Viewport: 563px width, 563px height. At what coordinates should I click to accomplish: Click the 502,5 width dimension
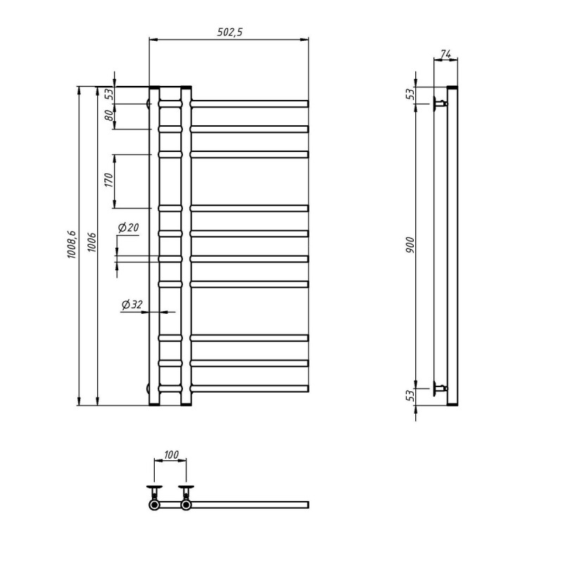[230, 32]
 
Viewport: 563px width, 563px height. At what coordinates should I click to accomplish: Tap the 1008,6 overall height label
[71, 244]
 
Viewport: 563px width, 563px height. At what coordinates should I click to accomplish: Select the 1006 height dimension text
[92, 242]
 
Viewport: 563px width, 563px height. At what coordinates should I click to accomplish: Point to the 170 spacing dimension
[109, 180]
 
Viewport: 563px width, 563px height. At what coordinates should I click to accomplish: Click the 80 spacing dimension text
[109, 115]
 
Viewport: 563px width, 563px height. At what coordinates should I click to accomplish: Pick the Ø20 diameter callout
[128, 227]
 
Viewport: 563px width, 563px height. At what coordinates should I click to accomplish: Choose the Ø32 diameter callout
[132, 305]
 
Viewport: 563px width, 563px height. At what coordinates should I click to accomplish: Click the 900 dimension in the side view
[410, 245]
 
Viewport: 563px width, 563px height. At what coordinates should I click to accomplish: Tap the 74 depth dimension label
[445, 54]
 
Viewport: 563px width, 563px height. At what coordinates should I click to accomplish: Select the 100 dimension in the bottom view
[171, 455]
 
